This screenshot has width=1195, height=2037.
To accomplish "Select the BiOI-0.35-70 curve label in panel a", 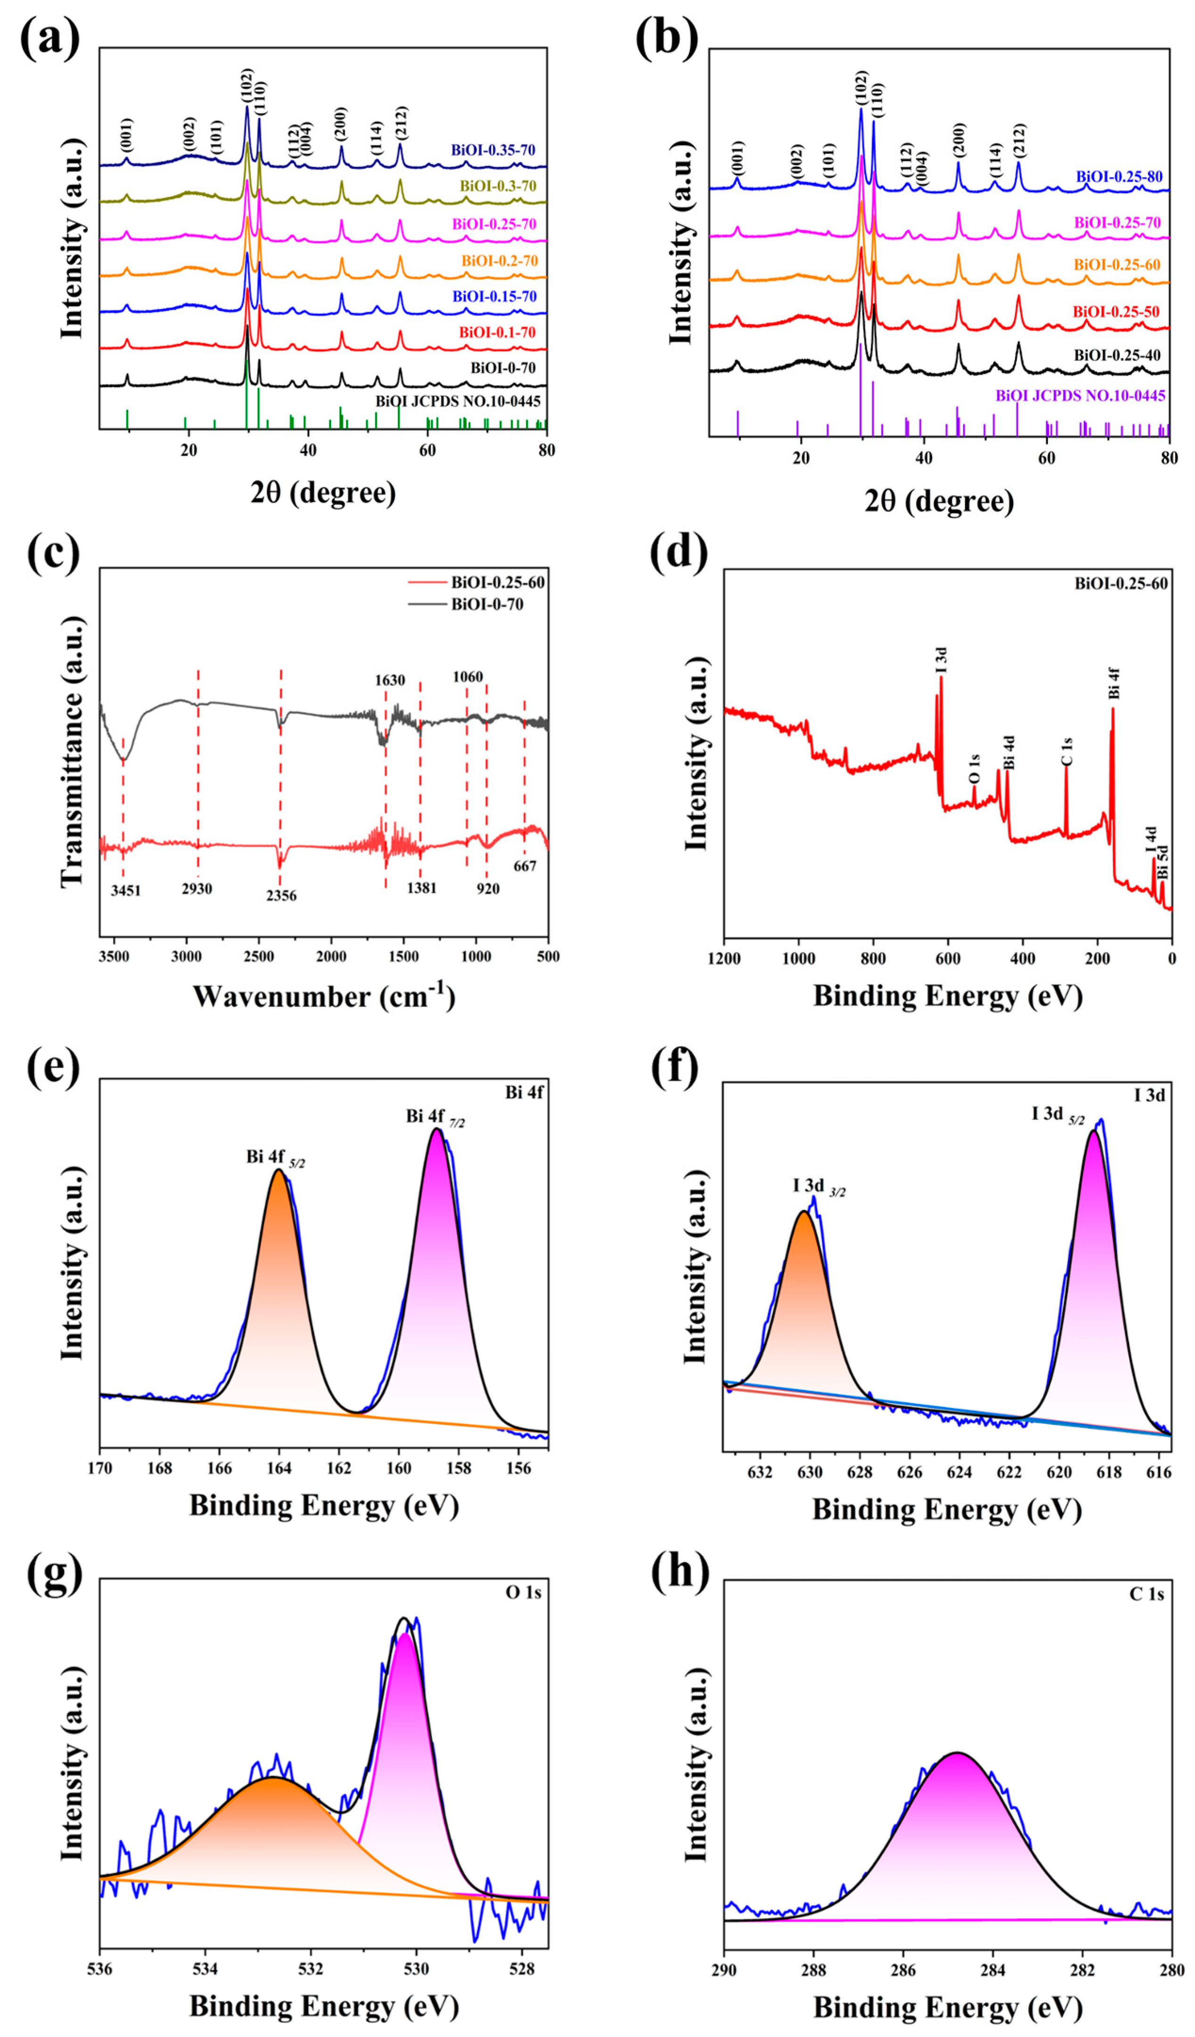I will point(493,150).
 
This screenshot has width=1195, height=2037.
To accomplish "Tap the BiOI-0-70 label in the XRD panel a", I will point(504,368).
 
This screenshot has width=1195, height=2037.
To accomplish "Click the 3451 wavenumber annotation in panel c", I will point(125,891).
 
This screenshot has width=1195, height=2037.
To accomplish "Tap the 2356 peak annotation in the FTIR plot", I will point(281,896).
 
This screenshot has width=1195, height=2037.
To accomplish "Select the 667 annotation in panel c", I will point(525,866).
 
